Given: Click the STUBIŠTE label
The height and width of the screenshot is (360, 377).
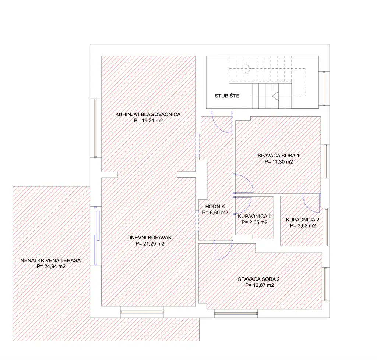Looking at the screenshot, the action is coord(227,96).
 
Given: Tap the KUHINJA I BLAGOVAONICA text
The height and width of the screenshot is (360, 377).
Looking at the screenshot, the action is coord(148,114).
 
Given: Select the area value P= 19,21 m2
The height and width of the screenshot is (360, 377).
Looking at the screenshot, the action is coord(148,121).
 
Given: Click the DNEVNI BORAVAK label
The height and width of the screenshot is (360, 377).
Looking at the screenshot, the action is coord(149,238).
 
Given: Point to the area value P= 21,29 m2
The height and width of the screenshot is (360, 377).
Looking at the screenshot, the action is coord(150,244).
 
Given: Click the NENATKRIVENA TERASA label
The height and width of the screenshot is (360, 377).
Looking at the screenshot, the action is coord(50,260).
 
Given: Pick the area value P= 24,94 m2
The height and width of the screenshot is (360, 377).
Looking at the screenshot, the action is coord(51,266).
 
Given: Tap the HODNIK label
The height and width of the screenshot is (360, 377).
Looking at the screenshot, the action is coord(215,207).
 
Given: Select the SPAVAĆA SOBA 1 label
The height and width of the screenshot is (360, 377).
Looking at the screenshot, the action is coord(278,156).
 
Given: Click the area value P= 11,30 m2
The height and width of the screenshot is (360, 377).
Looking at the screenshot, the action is coord(279,162).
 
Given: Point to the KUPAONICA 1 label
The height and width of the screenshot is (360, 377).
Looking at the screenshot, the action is coord(254,216).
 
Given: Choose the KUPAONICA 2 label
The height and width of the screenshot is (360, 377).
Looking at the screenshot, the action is coord(303,220).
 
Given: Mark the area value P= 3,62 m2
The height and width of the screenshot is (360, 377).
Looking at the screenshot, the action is coord(303,226).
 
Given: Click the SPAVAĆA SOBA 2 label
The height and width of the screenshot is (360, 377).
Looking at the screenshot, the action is coord(259,279).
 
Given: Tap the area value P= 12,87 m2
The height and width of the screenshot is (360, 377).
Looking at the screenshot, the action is coord(260,285).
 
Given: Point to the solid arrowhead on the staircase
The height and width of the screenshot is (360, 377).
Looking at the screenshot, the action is coord(275,96).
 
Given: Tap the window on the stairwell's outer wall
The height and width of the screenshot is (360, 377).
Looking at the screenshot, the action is coord(324,88).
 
